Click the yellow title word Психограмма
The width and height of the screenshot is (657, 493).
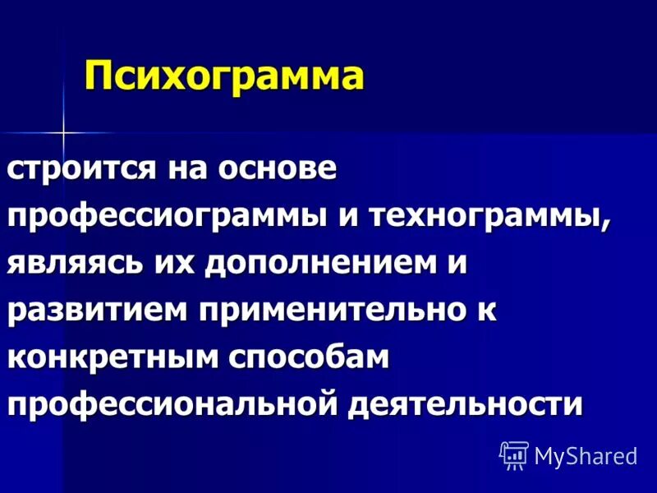coord(224,78)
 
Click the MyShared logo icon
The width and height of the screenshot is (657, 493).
coord(514,454)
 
